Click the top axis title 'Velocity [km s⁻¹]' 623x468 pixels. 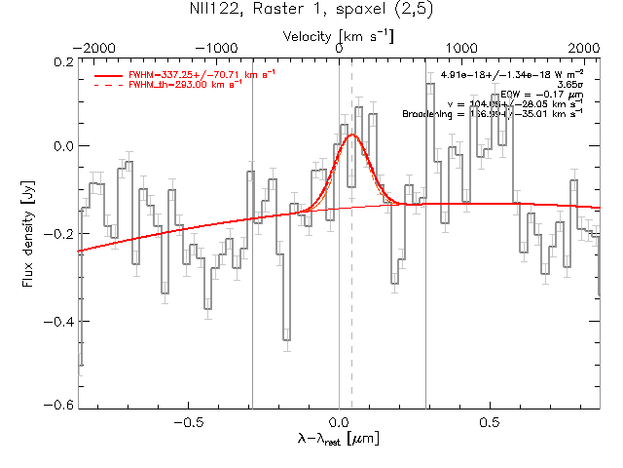click(339, 36)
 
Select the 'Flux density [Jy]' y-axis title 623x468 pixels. click(28, 232)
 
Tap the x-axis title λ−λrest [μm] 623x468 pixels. click(338, 439)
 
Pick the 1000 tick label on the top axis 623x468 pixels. click(462, 48)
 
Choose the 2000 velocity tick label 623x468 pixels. click(585, 48)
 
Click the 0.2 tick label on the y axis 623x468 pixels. click(63, 60)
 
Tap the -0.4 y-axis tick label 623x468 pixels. click(59, 321)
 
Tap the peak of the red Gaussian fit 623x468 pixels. click(351, 135)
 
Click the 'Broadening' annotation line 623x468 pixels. click(493, 114)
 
